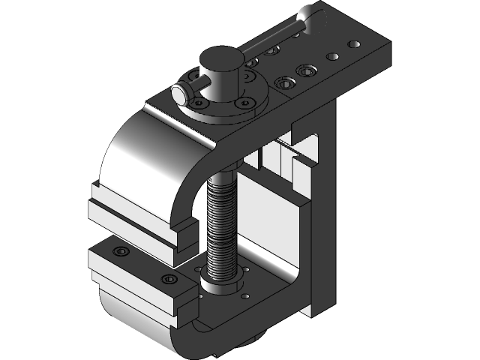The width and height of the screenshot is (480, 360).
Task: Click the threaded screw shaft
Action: tap(221, 225)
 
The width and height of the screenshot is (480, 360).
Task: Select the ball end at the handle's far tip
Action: tap(308, 15)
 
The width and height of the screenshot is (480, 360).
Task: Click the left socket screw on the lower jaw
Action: tap(120, 252)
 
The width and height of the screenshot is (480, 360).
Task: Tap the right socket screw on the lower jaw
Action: tap(169, 279)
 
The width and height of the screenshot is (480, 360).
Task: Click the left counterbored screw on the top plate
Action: tap(285, 82)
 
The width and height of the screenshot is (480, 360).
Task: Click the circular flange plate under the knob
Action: tap(225, 109)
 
